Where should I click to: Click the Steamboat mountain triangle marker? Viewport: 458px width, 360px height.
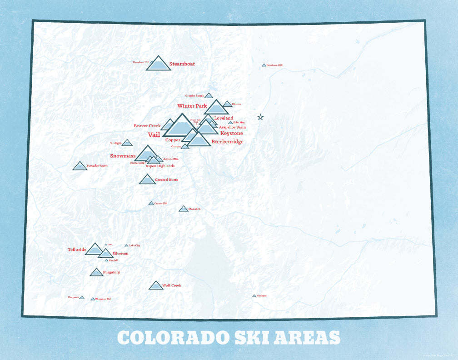point(158,65)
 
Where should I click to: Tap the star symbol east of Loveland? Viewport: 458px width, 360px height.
point(260,117)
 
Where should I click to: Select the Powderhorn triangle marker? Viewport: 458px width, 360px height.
point(80,166)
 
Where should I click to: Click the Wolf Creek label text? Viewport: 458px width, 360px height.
point(171,285)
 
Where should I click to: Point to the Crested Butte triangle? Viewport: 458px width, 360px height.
point(147,180)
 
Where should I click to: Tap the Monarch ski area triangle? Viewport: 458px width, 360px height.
point(183,209)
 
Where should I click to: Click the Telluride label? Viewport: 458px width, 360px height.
point(77,249)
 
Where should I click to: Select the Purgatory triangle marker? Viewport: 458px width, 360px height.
point(96,273)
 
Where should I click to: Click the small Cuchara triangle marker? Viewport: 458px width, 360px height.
point(254,296)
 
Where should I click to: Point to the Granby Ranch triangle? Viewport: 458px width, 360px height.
point(209,96)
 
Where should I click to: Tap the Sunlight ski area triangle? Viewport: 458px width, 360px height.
point(127,143)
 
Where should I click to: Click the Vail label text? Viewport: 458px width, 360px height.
point(154,135)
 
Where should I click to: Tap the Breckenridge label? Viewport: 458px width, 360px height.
point(227,142)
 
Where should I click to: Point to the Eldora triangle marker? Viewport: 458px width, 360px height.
point(227,105)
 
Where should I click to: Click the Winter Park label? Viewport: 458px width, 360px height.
point(192,106)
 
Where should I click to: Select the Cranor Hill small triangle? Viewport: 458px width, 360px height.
point(151,204)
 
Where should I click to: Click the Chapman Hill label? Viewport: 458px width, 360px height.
point(103,299)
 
